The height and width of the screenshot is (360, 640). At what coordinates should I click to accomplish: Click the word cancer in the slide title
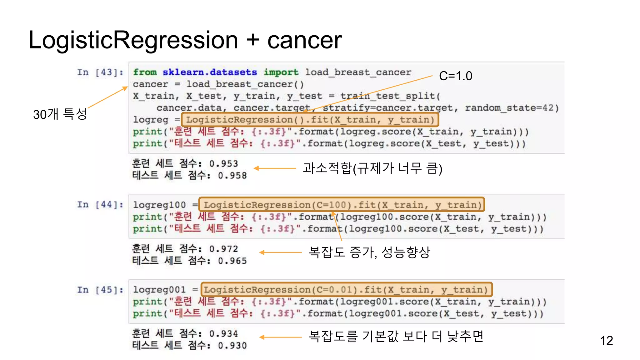pos(304,41)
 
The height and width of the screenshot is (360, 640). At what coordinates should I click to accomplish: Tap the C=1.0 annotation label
pos(455,76)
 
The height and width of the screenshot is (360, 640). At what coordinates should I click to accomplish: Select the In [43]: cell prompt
pos(100,72)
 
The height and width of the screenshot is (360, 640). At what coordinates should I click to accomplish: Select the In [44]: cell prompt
pos(100,205)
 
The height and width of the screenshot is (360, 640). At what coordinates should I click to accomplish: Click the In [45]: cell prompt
pos(100,290)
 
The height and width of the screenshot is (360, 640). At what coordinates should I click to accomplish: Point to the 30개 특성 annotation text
pos(60,114)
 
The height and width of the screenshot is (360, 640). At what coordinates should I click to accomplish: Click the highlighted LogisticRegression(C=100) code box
pos(342,205)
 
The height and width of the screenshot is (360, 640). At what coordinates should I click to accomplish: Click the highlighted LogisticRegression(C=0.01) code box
pos(346,290)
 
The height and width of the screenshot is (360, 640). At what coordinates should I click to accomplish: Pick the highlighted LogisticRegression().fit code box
pos(310,120)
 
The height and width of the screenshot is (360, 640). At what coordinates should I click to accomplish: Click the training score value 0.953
pos(223,164)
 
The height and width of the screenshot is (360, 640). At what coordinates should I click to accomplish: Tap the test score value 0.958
pos(232,176)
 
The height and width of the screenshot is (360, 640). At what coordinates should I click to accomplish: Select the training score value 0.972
pos(223,249)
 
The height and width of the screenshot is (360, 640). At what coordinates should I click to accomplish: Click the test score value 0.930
pos(232,346)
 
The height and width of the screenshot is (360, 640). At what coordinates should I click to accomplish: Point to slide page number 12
pos(606,341)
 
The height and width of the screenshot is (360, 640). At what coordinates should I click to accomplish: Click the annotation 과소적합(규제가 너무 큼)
pos(372,168)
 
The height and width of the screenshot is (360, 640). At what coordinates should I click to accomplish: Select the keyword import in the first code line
pos(281,72)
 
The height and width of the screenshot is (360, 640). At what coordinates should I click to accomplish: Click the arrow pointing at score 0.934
pos(280,337)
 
